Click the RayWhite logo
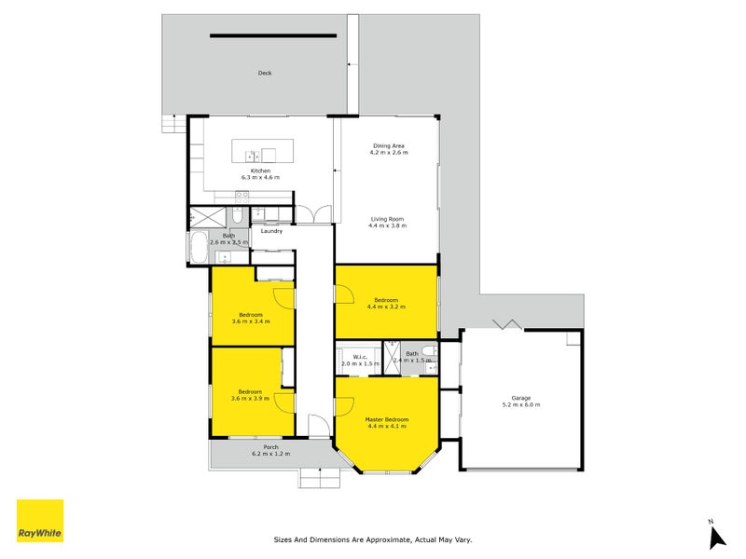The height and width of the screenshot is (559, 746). [40, 521]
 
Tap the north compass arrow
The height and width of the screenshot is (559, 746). [716, 537]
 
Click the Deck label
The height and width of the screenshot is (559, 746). [265, 73]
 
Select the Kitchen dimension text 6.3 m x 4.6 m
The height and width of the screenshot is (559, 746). [260, 177]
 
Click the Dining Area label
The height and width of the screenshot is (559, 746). [389, 145]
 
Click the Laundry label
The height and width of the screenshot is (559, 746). [271, 231]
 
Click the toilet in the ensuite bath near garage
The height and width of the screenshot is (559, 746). [427, 351]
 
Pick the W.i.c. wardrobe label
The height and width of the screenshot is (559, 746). [359, 356]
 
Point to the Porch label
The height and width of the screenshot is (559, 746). [270, 447]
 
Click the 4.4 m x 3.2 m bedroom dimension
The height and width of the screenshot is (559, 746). [387, 307]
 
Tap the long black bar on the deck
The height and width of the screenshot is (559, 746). [272, 36]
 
